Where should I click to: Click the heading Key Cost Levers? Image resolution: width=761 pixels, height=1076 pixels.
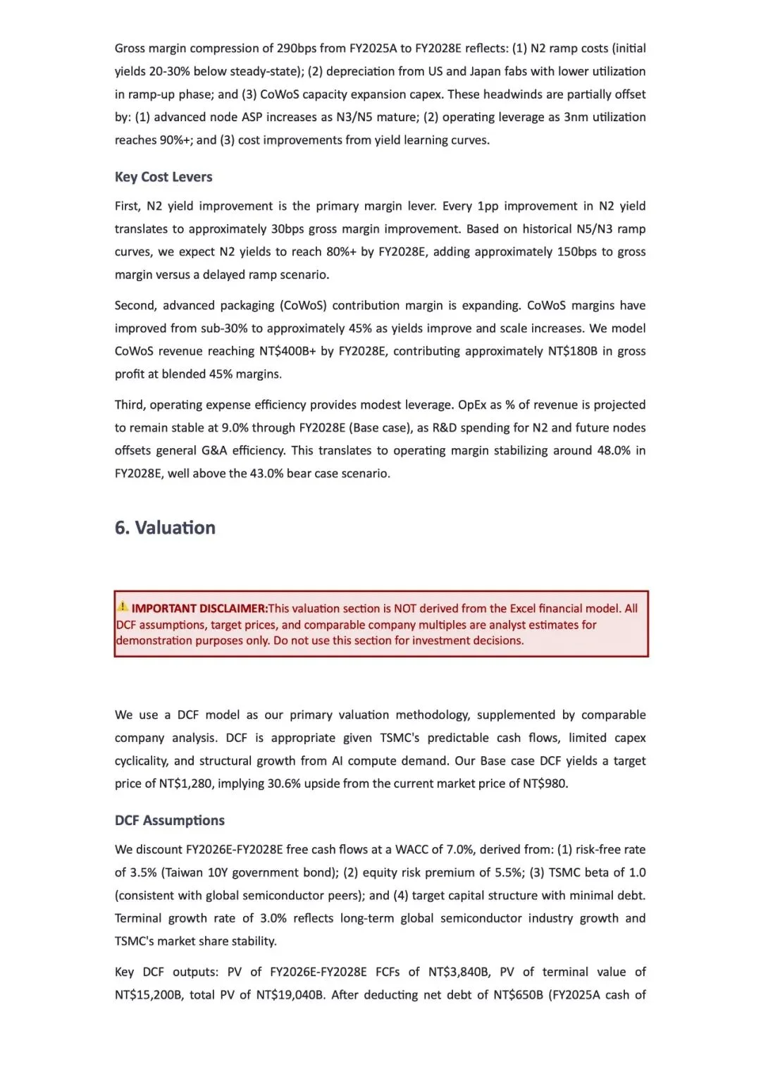(163, 177)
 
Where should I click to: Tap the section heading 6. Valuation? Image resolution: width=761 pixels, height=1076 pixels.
(165, 528)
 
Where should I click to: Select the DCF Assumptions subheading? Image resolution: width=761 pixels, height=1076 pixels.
(170, 820)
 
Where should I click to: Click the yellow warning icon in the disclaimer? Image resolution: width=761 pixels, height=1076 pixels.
(123, 606)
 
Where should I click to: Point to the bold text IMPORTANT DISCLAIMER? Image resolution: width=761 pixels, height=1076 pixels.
(199, 608)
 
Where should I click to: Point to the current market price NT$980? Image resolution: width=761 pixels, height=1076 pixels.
(545, 784)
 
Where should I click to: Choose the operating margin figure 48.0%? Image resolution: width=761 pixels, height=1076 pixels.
(614, 450)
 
